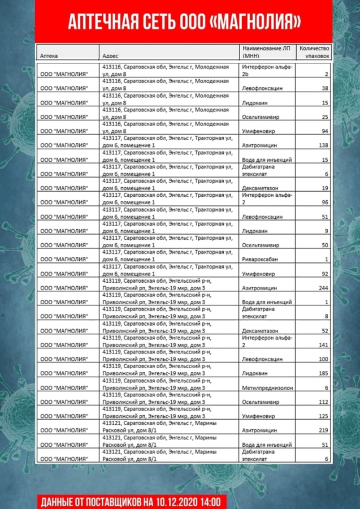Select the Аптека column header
click(x=49, y=57)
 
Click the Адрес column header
click(x=111, y=57)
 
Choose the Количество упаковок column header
click(x=314, y=52)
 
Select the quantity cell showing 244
click(x=323, y=288)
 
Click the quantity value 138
click(x=323, y=145)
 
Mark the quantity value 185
click(x=323, y=373)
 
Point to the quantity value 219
click(x=323, y=430)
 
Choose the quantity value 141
click(x=323, y=344)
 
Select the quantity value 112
click(x=323, y=402)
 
